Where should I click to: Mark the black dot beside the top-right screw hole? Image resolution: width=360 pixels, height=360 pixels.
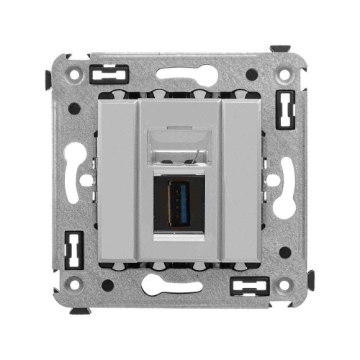coord(251,73)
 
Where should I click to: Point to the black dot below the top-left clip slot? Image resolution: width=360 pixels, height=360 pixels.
coord(75,109)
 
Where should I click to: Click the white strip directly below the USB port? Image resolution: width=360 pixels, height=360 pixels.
coord(180,236)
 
